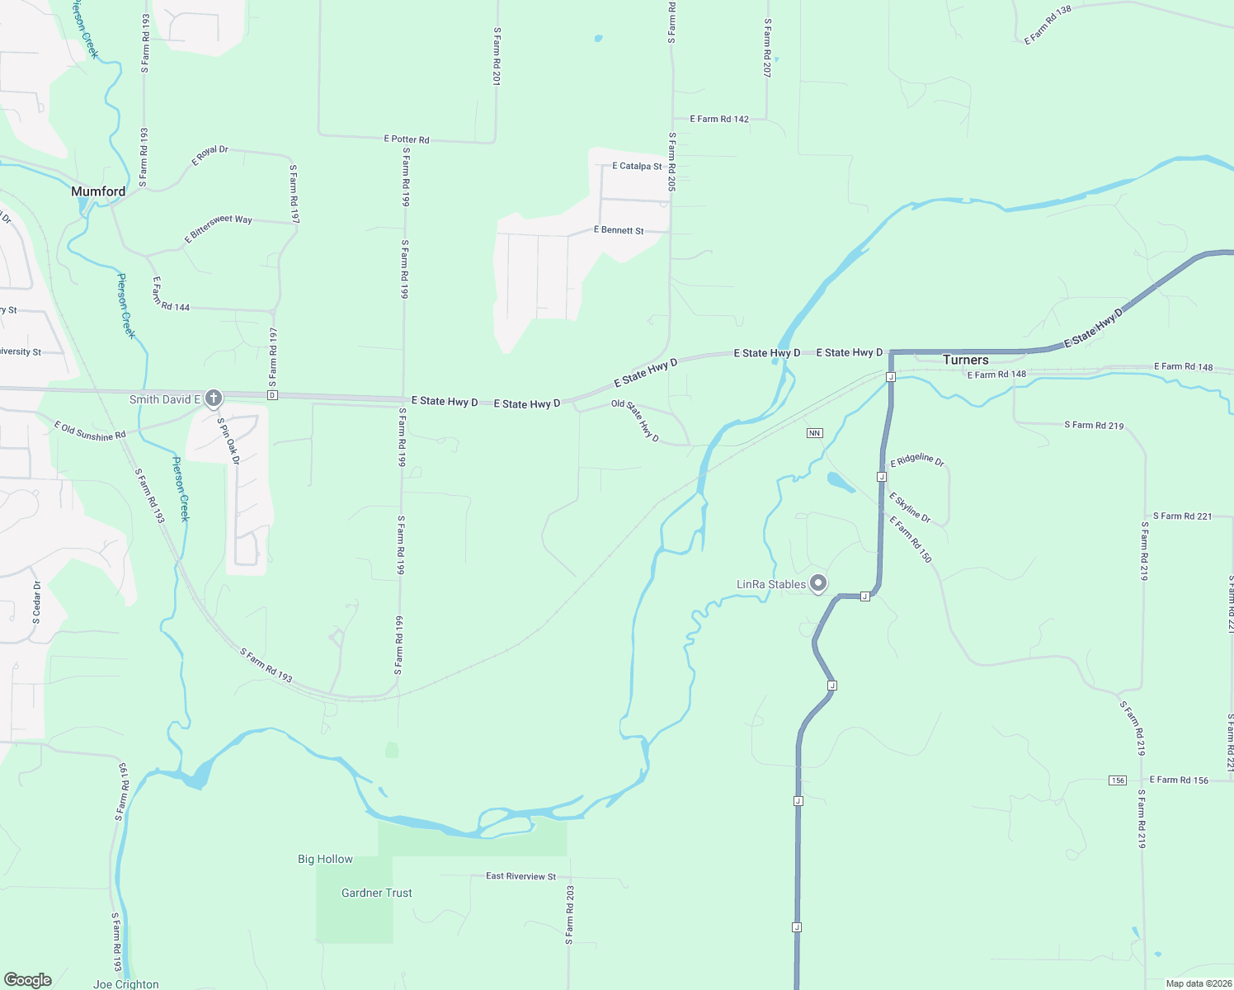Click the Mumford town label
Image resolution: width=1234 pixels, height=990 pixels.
tap(98, 191)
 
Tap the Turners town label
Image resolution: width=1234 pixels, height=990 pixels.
tap(965, 360)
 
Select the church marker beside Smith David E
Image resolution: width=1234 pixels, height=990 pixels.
tap(213, 399)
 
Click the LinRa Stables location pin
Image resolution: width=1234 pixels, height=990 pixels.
tap(817, 583)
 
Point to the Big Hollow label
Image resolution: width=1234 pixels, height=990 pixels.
tap(325, 859)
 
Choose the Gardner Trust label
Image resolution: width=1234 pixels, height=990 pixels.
tap(376, 893)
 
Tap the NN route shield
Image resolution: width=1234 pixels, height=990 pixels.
tap(814, 433)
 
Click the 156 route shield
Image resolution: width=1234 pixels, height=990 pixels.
tap(1117, 780)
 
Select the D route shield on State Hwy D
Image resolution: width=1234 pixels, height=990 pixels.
tap(272, 395)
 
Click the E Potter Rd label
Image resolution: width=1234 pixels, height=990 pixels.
tap(406, 139)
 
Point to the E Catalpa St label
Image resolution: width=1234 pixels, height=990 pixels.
tap(636, 166)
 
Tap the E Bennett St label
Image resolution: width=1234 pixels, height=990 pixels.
tap(619, 230)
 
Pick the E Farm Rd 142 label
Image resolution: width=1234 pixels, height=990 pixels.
tap(719, 119)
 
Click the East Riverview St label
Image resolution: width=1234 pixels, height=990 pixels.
tap(520, 876)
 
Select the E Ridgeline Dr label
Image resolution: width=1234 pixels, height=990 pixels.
tap(916, 460)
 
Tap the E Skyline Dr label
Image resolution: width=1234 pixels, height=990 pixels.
tap(909, 507)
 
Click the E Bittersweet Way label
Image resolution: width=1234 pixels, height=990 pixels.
tap(219, 229)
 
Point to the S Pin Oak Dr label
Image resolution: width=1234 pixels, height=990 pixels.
tap(228, 441)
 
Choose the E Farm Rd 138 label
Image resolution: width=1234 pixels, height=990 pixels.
tap(1048, 26)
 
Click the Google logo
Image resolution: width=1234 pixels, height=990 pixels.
tap(28, 980)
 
